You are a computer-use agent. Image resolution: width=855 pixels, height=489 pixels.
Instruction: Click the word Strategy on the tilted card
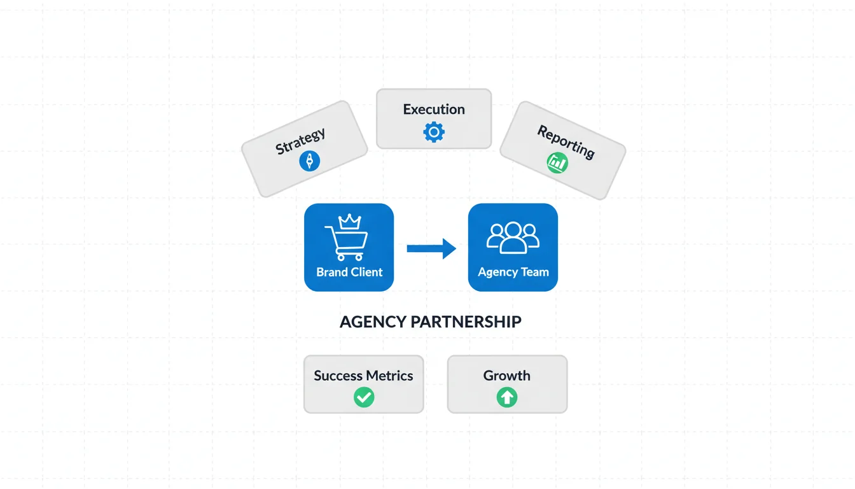click(x=300, y=141)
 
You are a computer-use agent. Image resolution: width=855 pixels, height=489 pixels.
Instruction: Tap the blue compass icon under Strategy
click(x=309, y=161)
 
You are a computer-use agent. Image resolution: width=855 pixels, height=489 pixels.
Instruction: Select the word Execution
click(x=434, y=110)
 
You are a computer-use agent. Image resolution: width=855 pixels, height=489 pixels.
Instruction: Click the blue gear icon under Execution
click(x=434, y=132)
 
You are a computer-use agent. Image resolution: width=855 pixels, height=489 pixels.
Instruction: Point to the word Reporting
click(x=566, y=141)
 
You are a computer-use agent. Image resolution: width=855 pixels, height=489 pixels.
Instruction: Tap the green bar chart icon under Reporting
click(x=557, y=162)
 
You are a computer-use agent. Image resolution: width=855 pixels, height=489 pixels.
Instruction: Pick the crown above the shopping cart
click(x=349, y=221)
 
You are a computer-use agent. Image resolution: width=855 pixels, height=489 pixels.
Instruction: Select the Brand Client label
click(x=349, y=272)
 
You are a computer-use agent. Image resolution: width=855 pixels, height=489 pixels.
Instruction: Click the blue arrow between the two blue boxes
click(x=431, y=248)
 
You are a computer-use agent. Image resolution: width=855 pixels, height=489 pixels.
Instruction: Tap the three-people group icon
click(x=513, y=237)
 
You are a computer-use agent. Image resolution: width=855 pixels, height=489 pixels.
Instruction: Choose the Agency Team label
click(x=513, y=272)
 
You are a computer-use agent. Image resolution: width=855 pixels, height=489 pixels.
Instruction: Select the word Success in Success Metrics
click(x=338, y=376)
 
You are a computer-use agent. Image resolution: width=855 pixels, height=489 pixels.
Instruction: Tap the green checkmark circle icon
click(x=364, y=398)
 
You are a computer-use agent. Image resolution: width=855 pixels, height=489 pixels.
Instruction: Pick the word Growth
click(x=506, y=376)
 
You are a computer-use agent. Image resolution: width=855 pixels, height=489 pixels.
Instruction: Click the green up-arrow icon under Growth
click(x=507, y=398)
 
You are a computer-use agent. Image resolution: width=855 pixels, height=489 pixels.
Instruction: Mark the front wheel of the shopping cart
click(x=358, y=257)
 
